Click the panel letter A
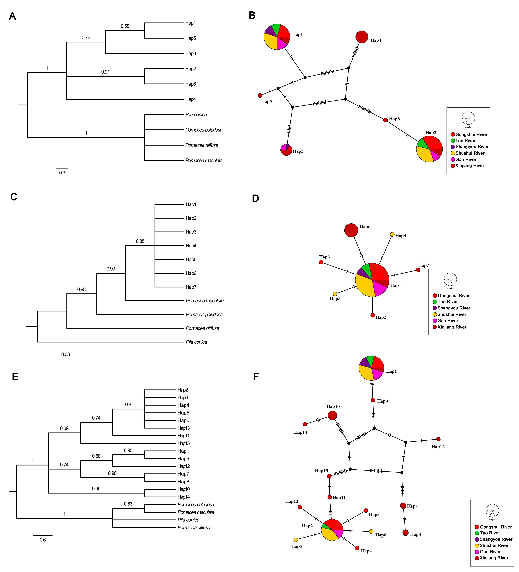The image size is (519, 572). (x=12, y=16)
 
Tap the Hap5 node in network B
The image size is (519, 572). (x=260, y=96)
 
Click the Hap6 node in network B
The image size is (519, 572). (x=385, y=120)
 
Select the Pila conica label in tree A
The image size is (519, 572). (x=196, y=115)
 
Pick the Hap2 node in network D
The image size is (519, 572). (x=373, y=315)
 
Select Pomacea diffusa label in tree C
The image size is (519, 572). (x=202, y=328)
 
